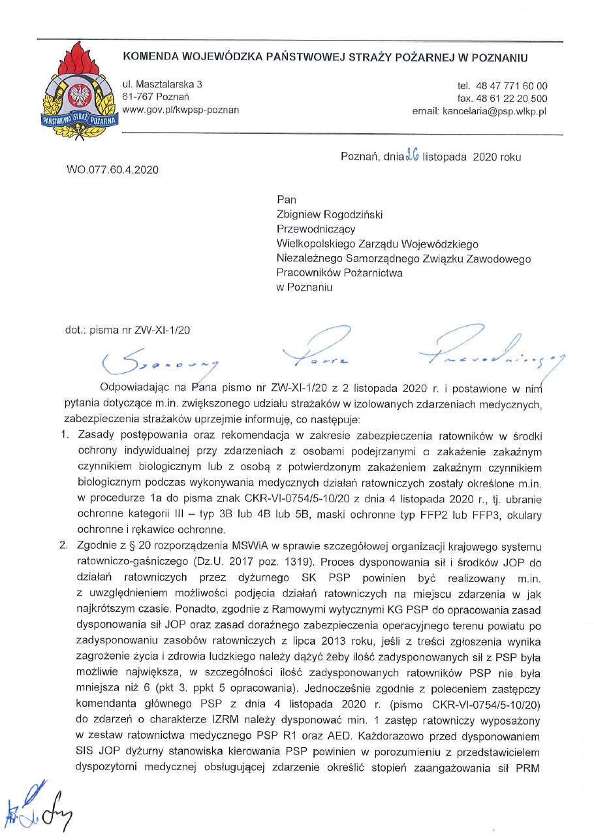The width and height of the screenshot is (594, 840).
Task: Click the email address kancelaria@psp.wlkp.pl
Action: pos(480,111)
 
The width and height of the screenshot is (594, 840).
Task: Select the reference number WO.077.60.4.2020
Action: pos(112,170)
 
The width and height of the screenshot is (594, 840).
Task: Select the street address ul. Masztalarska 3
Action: pos(163,84)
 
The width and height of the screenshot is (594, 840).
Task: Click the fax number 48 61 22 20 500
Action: pos(512,99)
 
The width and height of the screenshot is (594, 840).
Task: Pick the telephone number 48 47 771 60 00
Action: pos(512,86)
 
